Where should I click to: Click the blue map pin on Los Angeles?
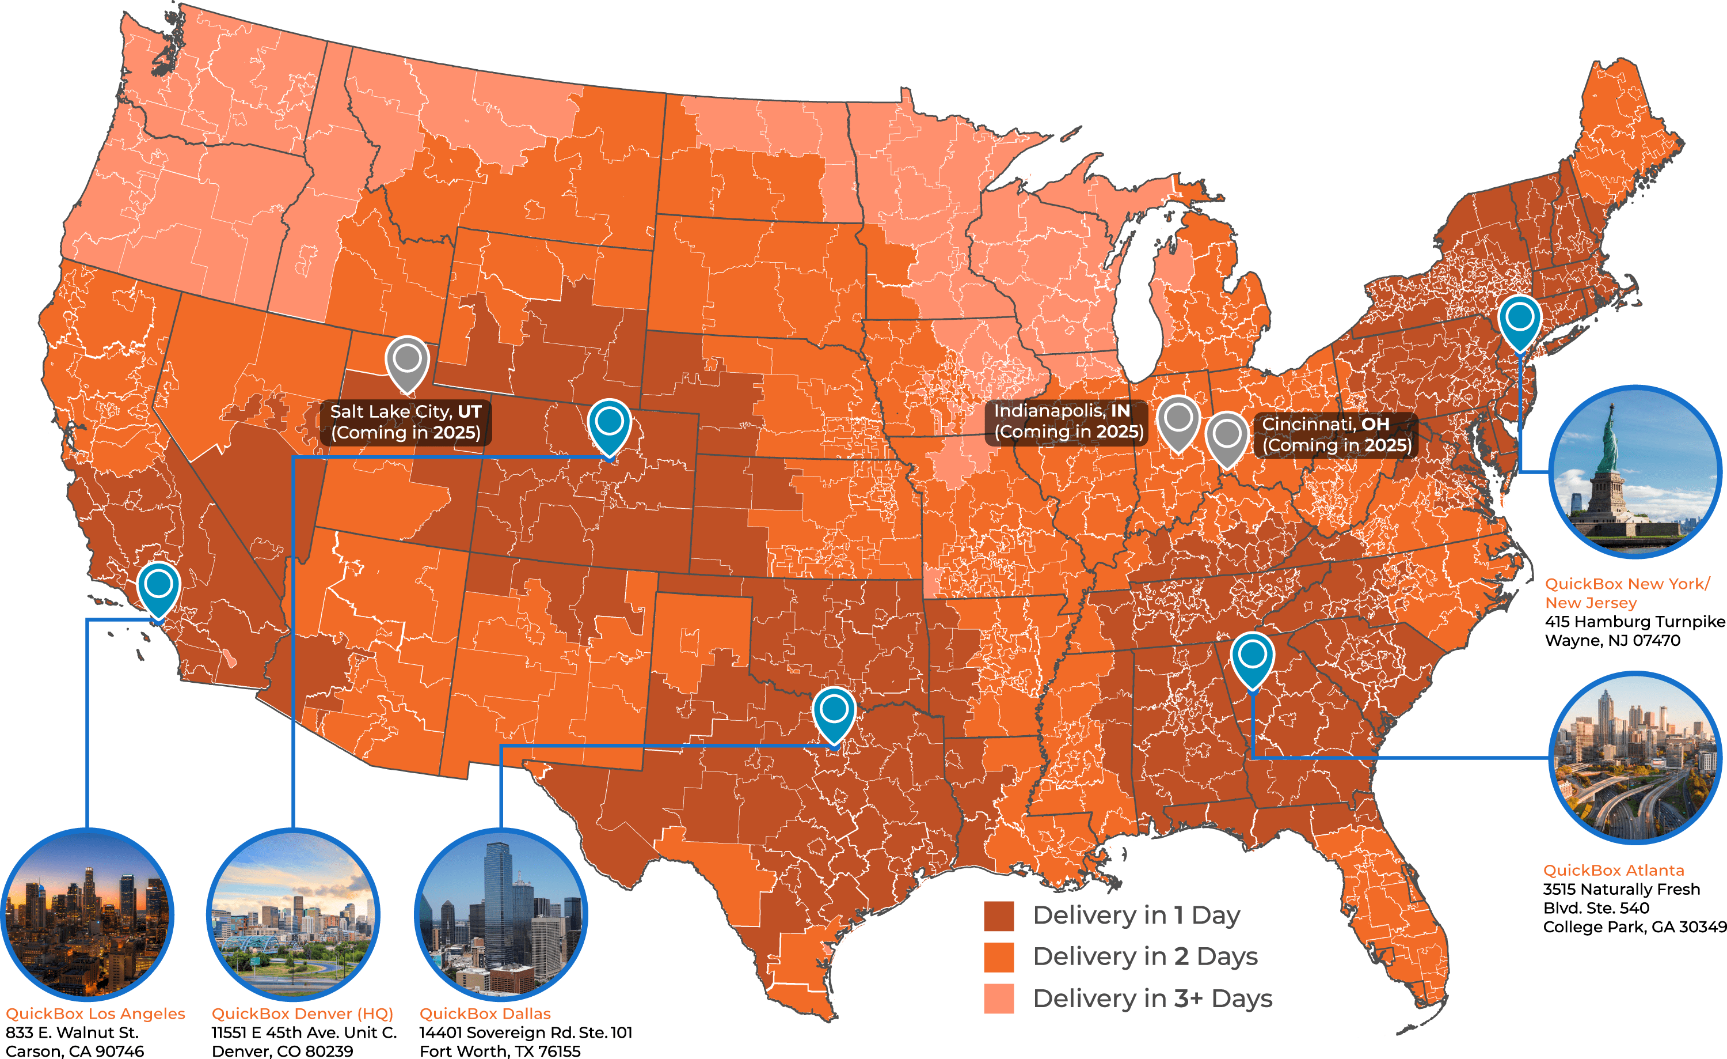tap(158, 585)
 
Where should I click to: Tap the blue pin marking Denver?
tap(609, 423)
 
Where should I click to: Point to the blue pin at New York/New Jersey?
tap(1519, 319)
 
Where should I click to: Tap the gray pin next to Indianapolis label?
tap(1178, 419)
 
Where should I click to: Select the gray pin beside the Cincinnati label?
tap(1227, 436)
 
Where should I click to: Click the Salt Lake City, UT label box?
tap(406, 422)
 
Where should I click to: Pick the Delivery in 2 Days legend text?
tap(1145, 956)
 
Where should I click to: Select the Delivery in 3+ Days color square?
tap(999, 999)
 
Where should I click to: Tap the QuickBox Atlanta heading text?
tap(1614, 871)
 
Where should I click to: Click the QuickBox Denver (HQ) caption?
tap(302, 1013)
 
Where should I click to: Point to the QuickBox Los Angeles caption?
tap(96, 1013)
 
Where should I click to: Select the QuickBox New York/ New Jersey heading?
tap(1626, 593)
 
